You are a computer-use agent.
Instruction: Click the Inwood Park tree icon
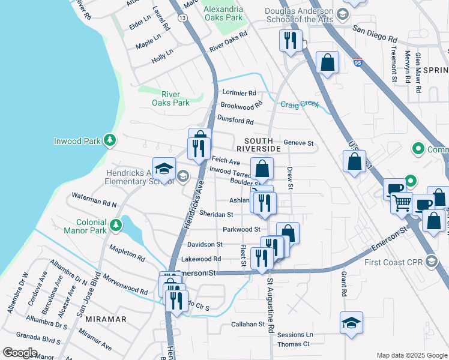109,140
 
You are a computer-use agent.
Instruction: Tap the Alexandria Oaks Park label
223,14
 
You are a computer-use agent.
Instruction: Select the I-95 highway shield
358,62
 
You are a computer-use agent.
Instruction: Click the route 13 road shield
181,19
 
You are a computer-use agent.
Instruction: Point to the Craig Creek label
301,104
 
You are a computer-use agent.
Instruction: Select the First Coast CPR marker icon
432,261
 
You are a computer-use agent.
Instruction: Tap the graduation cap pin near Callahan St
351,323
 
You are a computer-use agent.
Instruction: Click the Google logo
20,352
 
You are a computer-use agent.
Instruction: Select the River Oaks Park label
175,98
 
